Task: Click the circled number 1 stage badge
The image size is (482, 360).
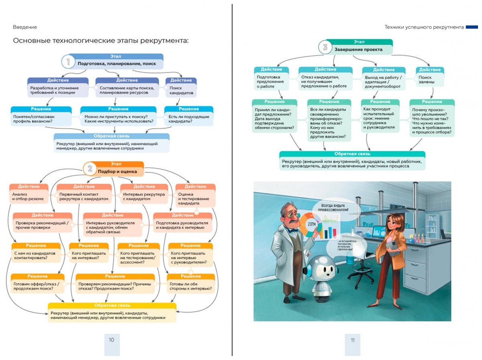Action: coord(68,62)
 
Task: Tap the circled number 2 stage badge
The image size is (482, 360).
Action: coord(90,169)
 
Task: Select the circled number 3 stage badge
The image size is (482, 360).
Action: coord(325,47)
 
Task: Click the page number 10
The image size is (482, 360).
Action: coord(111,340)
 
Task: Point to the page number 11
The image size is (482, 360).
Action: coord(352,340)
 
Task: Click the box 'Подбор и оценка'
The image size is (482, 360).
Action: coord(118,171)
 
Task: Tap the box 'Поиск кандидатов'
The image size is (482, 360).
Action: coord(181,90)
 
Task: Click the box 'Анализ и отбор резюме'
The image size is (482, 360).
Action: coord(28,197)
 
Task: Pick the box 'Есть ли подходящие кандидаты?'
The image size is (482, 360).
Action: coord(188,118)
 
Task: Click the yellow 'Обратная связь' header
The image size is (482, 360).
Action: coord(112,306)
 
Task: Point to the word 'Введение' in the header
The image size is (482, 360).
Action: coord(25,27)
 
